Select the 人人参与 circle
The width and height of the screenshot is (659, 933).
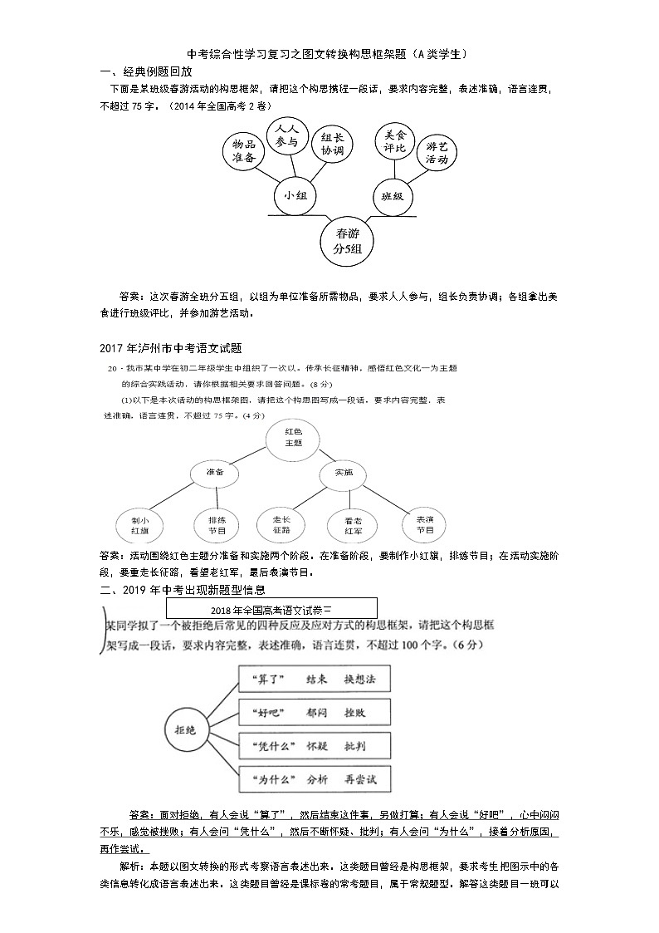point(287,135)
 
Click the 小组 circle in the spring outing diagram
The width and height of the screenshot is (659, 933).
point(295,196)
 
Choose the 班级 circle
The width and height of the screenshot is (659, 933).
point(392,196)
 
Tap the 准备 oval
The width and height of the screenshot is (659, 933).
point(215,473)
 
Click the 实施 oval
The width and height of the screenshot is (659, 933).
point(344,473)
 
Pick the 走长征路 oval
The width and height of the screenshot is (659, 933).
point(281,524)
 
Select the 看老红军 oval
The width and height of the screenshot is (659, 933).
point(353,524)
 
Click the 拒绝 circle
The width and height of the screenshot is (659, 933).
point(185,729)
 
